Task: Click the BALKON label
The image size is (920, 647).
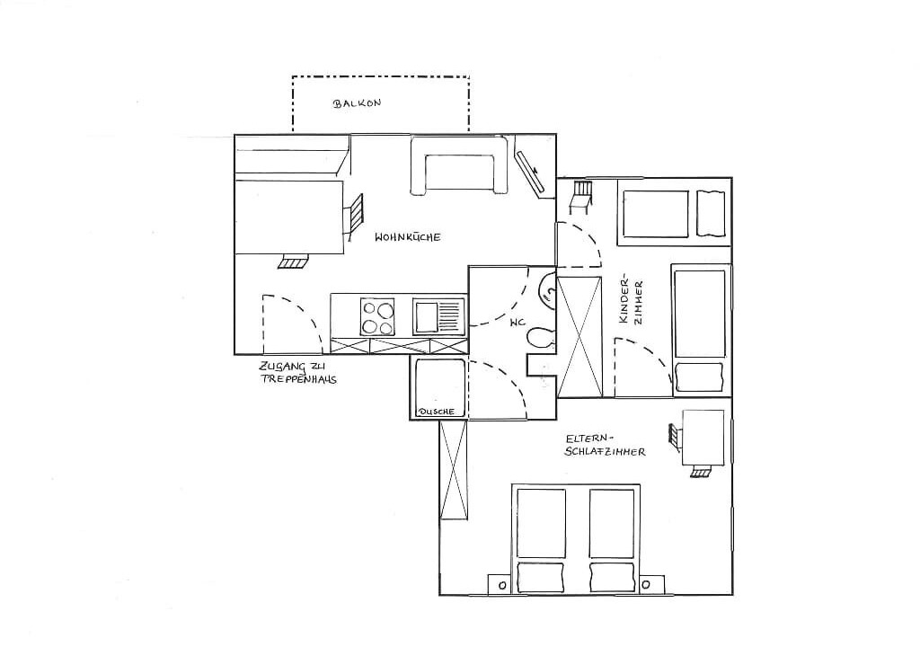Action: [358, 103]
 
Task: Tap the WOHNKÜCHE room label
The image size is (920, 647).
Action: [408, 237]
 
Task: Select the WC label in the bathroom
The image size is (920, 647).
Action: [517, 323]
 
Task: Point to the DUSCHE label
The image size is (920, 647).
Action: [436, 412]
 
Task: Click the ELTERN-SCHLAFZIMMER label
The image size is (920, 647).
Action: [605, 445]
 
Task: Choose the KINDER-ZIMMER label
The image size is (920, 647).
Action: [631, 301]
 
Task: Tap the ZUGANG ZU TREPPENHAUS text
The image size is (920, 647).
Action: [298, 373]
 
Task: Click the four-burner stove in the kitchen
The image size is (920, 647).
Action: [377, 317]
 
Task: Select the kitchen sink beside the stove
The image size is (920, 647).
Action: [438, 317]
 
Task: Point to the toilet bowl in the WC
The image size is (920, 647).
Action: [540, 338]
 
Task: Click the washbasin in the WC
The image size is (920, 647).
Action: [547, 289]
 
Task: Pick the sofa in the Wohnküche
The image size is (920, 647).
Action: [459, 165]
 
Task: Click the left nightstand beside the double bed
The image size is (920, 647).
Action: [502, 585]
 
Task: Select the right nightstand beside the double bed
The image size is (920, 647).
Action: [647, 585]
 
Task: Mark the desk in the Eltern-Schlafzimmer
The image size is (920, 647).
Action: [703, 438]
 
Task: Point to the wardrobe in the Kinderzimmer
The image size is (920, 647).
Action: [580, 336]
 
